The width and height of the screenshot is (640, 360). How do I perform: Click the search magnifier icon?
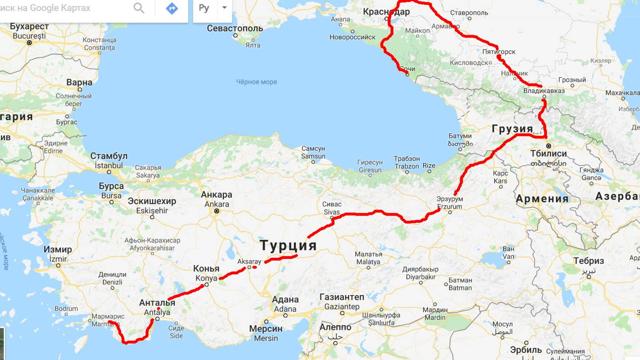pyautogui.click(x=139, y=8)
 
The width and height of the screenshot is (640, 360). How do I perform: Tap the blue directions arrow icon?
pyautogui.click(x=172, y=8)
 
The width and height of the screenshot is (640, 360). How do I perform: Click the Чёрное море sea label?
pyautogui.click(x=256, y=82)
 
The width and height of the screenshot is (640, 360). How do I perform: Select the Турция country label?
pyautogui.click(x=288, y=245)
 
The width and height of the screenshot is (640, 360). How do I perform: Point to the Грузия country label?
pyautogui.click(x=512, y=129)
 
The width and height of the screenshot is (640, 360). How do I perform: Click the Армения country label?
pyautogui.click(x=542, y=198)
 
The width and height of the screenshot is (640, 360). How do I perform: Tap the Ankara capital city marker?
pyautogui.click(x=216, y=211)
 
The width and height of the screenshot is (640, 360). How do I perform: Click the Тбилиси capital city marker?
pyautogui.click(x=548, y=146)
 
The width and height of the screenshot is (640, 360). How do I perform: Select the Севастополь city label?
pyautogui.click(x=235, y=28)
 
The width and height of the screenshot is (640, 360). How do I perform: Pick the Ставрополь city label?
pyautogui.click(x=469, y=13)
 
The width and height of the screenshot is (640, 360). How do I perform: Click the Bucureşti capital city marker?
pyautogui.click(x=29, y=43)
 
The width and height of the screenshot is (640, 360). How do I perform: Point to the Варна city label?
pyautogui.click(x=79, y=82)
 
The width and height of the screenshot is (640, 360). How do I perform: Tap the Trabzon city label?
pyautogui.click(x=407, y=166)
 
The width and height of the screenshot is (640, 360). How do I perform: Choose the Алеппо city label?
pyautogui.click(x=335, y=327)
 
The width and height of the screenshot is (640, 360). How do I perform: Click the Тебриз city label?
pyautogui.click(x=589, y=261)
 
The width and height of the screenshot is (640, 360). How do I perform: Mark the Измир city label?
pyautogui.click(x=58, y=249)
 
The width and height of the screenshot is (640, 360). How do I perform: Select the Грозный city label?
pyautogui.click(x=572, y=80)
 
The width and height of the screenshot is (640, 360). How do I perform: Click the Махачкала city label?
pyautogui.click(x=622, y=93)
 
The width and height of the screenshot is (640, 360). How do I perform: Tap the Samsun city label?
pyautogui.click(x=313, y=156)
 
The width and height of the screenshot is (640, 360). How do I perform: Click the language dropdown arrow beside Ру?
pyautogui.click(x=224, y=7)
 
